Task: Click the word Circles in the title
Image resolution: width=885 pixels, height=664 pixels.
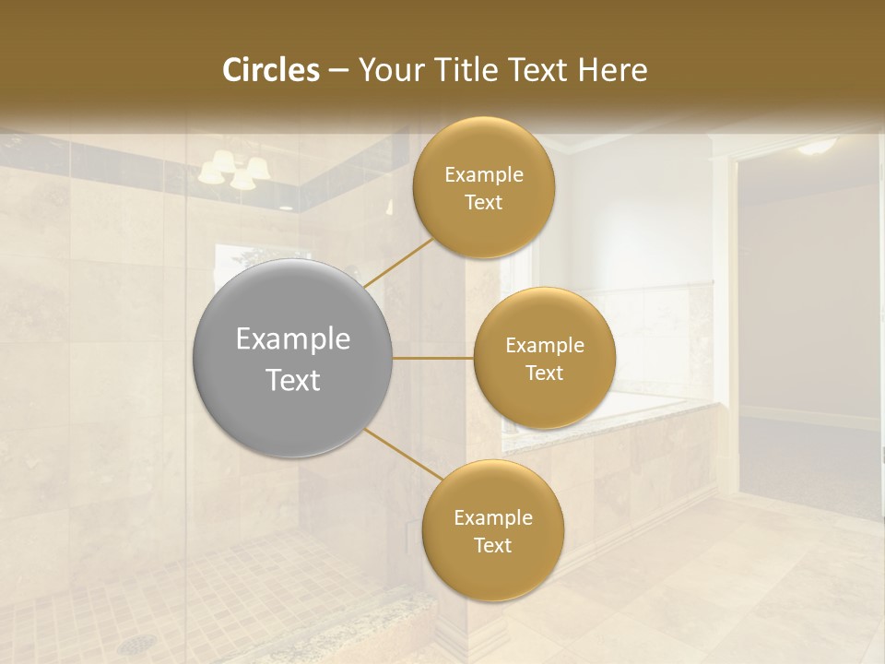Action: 270,70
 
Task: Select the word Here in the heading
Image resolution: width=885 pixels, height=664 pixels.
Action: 612,70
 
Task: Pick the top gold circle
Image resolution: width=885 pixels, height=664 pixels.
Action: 483,148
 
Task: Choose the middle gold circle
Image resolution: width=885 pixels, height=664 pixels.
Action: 544,318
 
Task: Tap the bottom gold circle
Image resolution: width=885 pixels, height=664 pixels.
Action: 492,572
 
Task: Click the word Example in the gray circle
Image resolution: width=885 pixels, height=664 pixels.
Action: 292,339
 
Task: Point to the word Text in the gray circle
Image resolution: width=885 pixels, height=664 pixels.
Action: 292,380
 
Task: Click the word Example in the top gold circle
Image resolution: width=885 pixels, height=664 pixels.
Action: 483,175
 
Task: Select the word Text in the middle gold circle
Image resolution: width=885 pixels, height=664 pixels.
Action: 544,373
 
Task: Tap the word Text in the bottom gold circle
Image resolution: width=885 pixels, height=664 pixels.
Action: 492,545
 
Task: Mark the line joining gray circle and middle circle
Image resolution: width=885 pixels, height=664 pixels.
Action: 432,358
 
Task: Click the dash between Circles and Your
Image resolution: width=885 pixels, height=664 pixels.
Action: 337,71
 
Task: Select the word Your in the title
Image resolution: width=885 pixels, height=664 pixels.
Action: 390,70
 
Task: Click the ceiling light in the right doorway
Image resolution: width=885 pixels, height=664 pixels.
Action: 818,146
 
